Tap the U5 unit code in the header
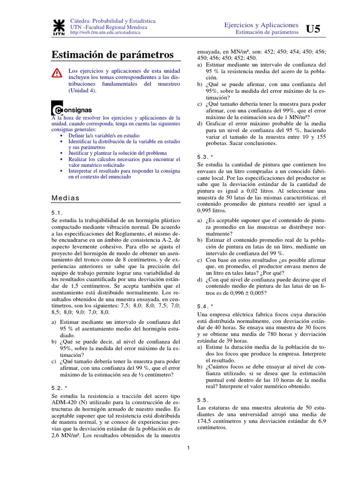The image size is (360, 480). pyautogui.click(x=313, y=29)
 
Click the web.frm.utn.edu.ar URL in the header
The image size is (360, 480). pyautogui.click(x=105, y=34)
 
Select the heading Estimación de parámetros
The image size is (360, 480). pyautogui.click(x=112, y=55)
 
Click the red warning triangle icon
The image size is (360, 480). pyautogui.click(x=56, y=73)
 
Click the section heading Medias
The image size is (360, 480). pyautogui.click(x=66, y=198)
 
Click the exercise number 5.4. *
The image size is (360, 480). pyautogui.click(x=205, y=306)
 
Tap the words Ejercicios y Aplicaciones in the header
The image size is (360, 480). pyautogui.click(x=261, y=24)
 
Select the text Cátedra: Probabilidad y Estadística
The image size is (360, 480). pyautogui.click(x=112, y=22)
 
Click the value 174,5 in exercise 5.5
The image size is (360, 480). pyautogui.click(x=205, y=421)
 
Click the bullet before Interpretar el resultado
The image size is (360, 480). pyautogui.click(x=62, y=172)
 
